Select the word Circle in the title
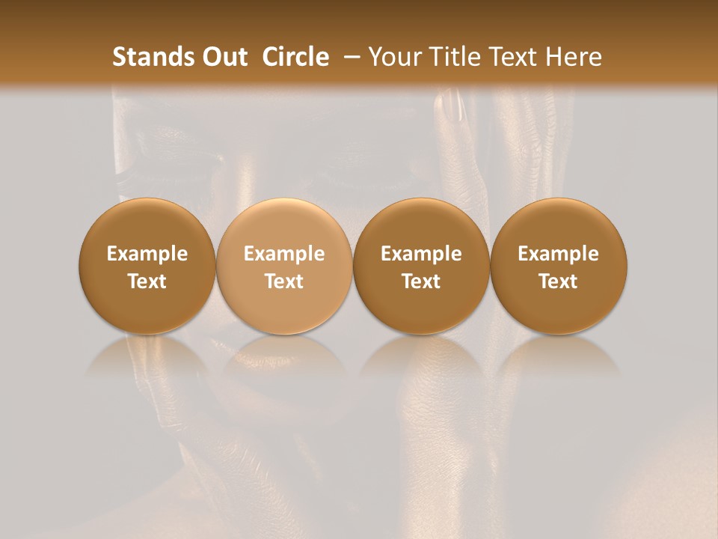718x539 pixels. point(295,57)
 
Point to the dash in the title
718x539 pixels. point(349,57)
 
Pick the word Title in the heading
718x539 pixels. point(454,57)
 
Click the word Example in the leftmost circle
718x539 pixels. point(147,254)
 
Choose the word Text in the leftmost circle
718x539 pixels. point(147,281)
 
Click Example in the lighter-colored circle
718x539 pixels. point(284,254)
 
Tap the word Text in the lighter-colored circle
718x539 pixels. point(284,281)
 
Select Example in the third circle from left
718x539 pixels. point(421,254)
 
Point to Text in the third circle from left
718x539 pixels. point(421,281)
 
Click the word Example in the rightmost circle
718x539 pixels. point(559,254)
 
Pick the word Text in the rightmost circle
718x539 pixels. point(559,281)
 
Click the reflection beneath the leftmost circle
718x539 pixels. point(147,359)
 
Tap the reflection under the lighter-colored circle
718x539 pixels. point(284,359)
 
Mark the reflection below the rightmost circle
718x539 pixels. point(559,359)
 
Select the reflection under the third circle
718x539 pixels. point(421,359)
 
